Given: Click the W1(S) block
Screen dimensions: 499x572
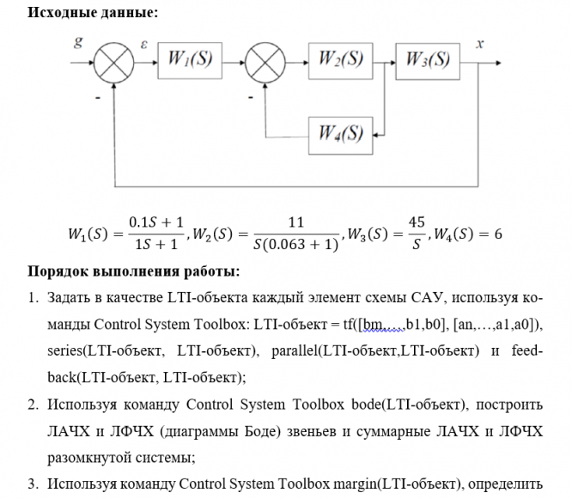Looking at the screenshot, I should (x=189, y=59).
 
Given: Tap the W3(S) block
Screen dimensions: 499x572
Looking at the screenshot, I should (x=428, y=59).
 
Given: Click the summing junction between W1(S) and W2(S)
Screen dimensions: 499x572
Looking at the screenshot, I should (x=264, y=60).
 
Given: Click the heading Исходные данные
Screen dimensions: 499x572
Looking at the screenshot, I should (x=82, y=13).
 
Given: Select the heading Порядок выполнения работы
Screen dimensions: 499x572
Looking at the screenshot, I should (x=134, y=272).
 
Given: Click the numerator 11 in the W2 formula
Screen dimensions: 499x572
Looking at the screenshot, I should (x=297, y=221).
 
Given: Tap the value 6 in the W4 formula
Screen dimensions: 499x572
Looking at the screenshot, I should (x=497, y=234).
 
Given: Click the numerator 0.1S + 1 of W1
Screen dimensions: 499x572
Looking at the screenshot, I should (x=155, y=222).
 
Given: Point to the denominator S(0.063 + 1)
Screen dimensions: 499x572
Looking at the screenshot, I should (x=296, y=245).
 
